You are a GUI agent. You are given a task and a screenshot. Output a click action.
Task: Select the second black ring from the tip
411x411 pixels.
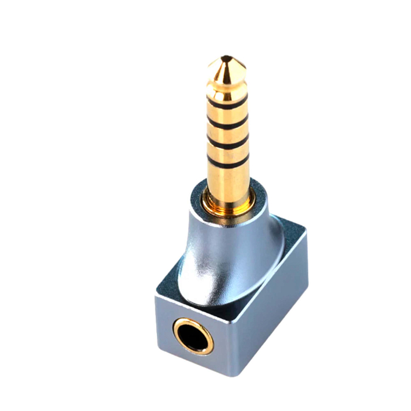point(228,123)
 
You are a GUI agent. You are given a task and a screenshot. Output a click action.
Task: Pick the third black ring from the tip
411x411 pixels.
point(228,142)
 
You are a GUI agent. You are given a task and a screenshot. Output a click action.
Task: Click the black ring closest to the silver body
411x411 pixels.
point(228,162)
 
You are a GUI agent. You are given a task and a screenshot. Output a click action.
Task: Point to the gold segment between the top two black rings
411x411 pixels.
point(227,114)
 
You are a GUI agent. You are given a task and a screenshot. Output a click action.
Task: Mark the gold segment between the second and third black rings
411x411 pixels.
point(228,133)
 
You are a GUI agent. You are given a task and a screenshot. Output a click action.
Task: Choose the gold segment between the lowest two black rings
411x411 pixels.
point(228,152)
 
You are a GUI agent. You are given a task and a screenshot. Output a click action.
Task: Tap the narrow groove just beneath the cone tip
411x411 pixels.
point(226,84)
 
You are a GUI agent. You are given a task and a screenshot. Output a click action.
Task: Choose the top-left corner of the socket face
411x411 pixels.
point(157,294)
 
